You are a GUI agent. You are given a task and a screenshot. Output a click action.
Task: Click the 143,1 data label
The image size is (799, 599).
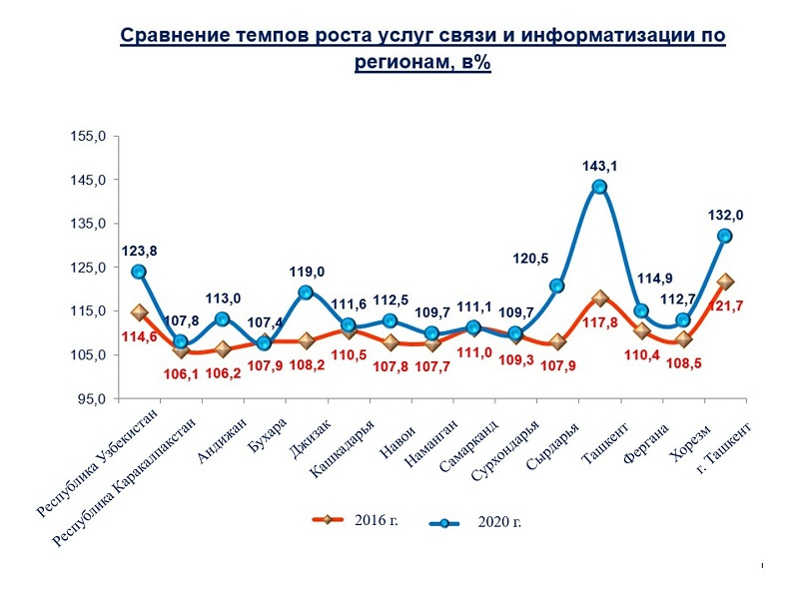coord(599,167)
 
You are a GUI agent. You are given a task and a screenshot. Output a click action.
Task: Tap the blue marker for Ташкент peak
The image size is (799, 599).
coord(599,187)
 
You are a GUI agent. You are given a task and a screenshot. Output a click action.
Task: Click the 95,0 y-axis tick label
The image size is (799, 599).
coord(92,399)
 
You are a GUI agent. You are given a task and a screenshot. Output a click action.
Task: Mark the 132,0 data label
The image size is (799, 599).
coord(726,215)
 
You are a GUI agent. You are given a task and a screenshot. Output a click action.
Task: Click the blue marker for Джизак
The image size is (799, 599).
coord(306,293)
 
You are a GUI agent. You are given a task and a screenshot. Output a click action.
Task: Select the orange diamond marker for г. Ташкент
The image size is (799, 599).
coord(725,283)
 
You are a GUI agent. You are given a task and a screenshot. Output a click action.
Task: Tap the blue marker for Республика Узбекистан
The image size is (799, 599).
coord(139,272)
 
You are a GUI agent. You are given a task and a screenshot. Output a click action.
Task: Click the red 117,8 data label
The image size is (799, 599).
coord(599,321)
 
